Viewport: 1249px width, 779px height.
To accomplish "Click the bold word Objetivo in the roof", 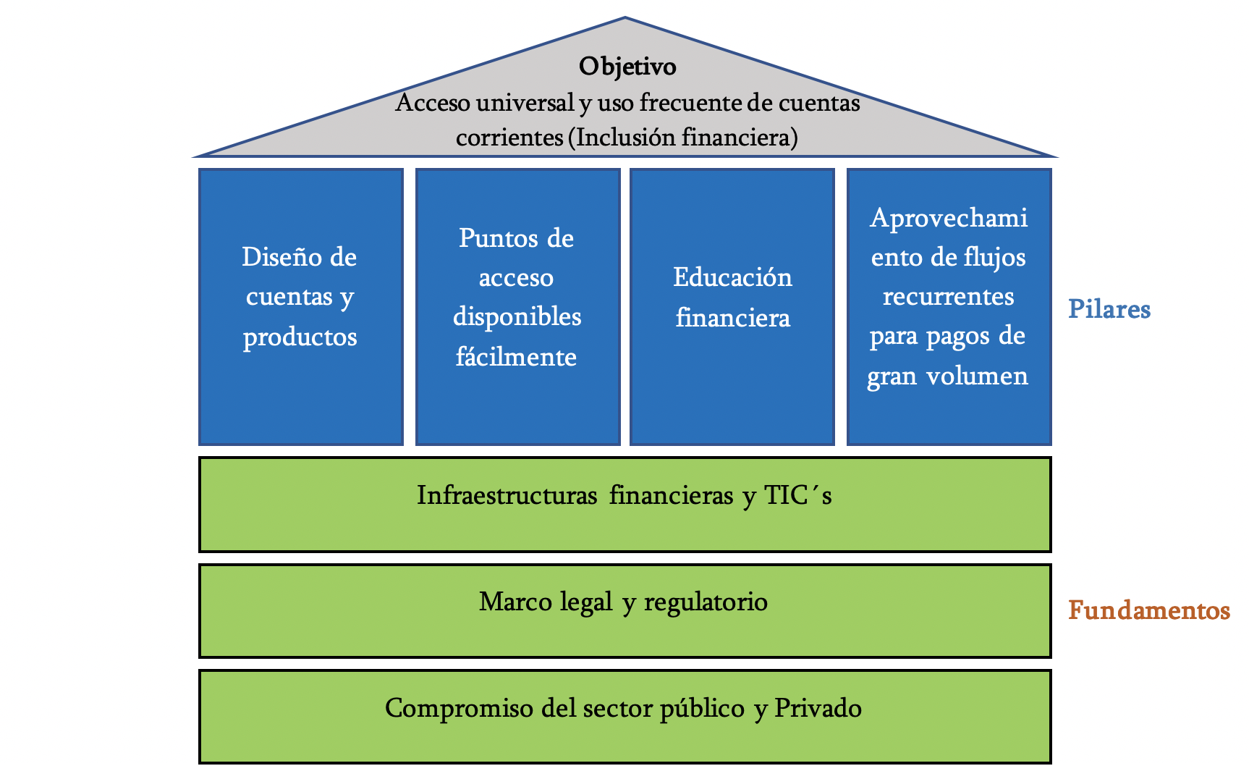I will click(627, 67).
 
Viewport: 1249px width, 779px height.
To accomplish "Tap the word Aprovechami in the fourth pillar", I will click(948, 217).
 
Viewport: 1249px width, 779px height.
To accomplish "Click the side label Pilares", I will click(1109, 309).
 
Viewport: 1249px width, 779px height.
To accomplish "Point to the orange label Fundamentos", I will click(1148, 610).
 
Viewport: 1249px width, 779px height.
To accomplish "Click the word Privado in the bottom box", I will click(818, 707).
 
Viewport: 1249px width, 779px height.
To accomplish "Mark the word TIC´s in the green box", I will click(797, 495).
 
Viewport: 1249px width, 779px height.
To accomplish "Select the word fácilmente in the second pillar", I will click(516, 356).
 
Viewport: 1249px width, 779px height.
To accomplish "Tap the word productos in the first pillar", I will click(300, 337).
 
